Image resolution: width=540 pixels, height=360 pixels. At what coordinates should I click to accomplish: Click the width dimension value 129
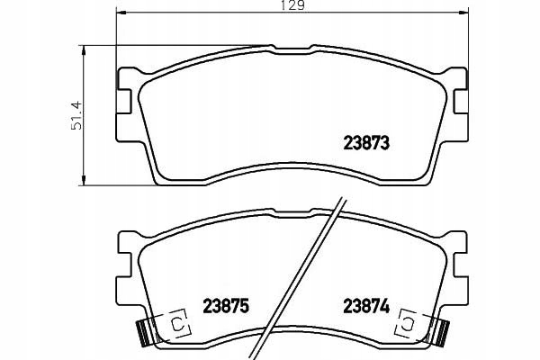coord(293,4)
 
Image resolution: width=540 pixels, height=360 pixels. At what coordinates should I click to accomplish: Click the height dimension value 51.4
coord(76,115)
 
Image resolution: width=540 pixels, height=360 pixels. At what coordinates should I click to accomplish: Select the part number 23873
coord(366,143)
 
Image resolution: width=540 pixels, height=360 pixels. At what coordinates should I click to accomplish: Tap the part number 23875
coord(226,306)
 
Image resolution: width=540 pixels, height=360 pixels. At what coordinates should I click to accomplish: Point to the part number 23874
coord(366,306)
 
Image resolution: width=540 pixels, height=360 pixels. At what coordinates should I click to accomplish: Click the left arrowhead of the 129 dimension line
coord(121,13)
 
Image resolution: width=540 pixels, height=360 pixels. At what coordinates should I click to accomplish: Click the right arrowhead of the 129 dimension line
coord(464,13)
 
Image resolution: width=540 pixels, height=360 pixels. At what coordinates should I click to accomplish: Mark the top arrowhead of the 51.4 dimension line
coord(83,50)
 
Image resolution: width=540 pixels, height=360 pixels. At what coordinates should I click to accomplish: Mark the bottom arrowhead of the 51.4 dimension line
coord(83,180)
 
